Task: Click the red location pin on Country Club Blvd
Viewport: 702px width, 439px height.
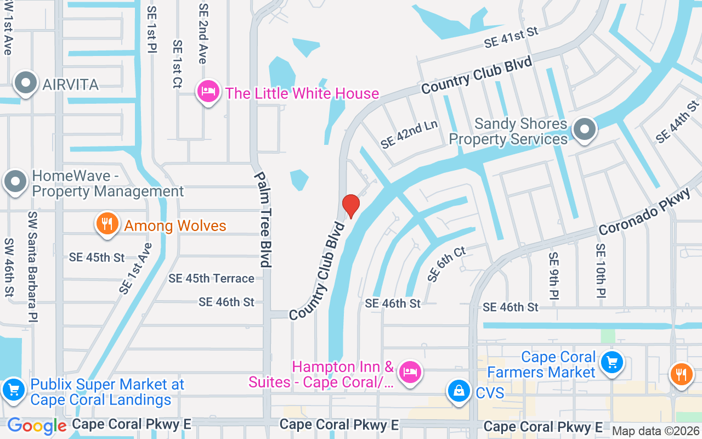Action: pyautogui.click(x=350, y=206)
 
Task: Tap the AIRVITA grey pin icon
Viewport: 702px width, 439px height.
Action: pyautogui.click(x=25, y=84)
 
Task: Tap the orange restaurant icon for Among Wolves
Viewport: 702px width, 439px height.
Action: pyautogui.click(x=107, y=224)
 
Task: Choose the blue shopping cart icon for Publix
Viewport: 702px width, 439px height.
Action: pyautogui.click(x=13, y=391)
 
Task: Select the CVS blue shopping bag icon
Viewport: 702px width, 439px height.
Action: pyautogui.click(x=457, y=391)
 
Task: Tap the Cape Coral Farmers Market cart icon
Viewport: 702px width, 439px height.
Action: pyautogui.click(x=612, y=362)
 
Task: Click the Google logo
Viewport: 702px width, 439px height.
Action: pyautogui.click(x=37, y=426)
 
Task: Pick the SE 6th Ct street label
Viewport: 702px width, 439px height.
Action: pyautogui.click(x=446, y=264)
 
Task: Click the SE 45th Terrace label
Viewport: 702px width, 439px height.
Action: pyautogui.click(x=211, y=279)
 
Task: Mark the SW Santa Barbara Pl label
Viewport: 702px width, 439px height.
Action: pyautogui.click(x=33, y=267)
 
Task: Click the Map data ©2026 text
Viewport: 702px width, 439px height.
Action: pyautogui.click(x=656, y=431)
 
